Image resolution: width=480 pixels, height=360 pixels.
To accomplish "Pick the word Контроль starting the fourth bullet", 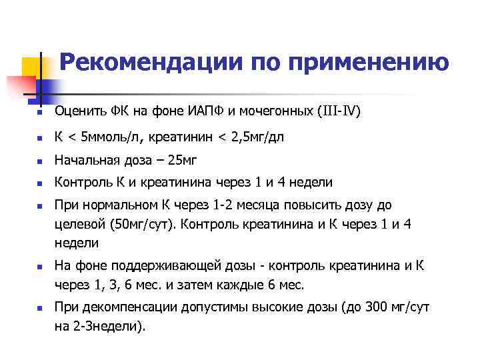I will (80, 183).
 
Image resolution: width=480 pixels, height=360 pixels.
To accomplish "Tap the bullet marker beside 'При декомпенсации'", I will (41, 309).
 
